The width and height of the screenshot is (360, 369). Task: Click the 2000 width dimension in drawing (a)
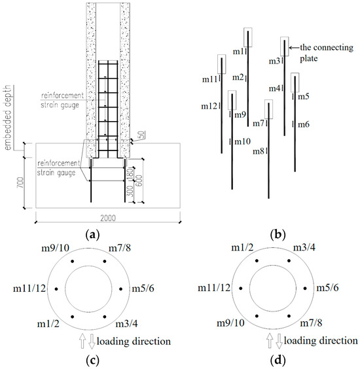click(x=108, y=218)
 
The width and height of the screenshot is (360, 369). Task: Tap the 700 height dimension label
click(x=21, y=183)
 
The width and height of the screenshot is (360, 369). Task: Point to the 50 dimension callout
click(x=141, y=135)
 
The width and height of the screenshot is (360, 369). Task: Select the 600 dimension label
click(x=139, y=181)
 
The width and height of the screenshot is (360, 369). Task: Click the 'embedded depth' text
click(x=8, y=117)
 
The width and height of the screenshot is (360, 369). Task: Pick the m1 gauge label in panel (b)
click(x=239, y=52)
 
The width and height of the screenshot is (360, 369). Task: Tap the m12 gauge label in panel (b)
click(x=209, y=107)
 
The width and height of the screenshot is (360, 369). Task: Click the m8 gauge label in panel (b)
click(x=259, y=151)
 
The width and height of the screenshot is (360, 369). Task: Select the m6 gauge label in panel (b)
click(x=304, y=124)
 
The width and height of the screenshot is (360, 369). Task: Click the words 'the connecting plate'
click(x=327, y=53)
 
